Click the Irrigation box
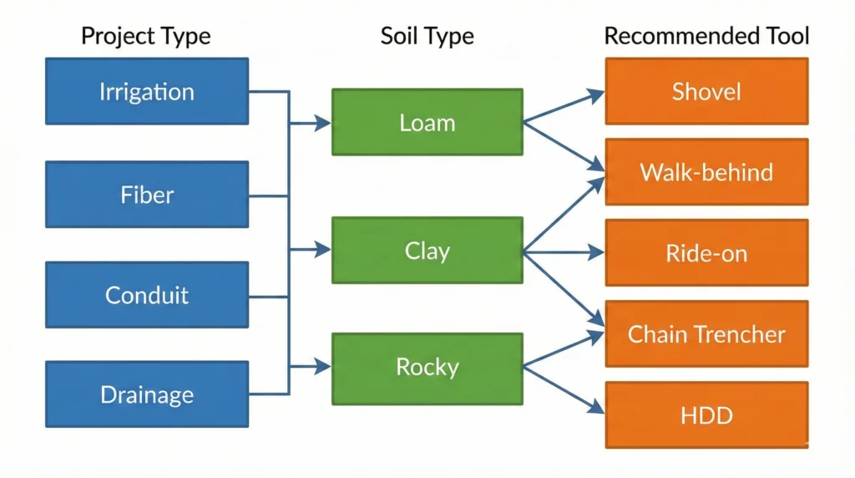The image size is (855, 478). [147, 91]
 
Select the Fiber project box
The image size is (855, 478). [147, 195]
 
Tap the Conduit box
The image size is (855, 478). [147, 295]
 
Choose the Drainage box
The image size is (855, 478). [147, 394]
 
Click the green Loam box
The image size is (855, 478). [427, 122]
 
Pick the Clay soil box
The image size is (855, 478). [427, 250]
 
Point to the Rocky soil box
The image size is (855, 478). [427, 366]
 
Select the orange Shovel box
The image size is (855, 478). [706, 91]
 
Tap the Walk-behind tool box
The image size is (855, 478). [706, 172]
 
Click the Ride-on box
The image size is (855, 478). [706, 253]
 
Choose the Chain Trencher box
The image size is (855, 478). [706, 334]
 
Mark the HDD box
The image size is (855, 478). [706, 415]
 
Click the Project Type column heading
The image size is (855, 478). [146, 37]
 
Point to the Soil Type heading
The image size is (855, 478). [427, 37]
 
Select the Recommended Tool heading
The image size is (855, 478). [706, 37]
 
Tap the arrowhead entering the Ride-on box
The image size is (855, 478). [597, 252]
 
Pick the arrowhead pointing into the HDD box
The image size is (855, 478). [597, 409]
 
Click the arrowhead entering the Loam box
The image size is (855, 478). [324, 124]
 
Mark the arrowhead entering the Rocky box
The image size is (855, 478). [324, 366]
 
